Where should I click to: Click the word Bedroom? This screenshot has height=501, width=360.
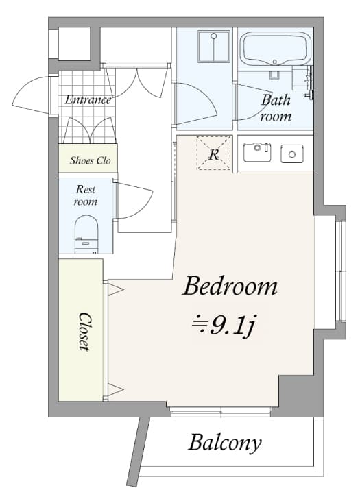click(x=230, y=286)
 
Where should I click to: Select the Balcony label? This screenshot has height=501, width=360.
click(x=225, y=443)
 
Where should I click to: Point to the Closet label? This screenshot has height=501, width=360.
click(x=84, y=332)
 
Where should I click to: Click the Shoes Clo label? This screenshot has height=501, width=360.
click(x=90, y=162)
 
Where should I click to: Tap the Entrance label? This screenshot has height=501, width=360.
click(x=88, y=100)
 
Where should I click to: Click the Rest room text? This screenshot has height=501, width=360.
click(x=86, y=195)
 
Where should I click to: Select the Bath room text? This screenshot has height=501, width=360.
click(x=276, y=108)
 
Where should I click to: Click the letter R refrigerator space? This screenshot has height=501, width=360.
click(x=213, y=154)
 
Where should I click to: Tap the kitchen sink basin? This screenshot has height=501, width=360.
click(x=257, y=152)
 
